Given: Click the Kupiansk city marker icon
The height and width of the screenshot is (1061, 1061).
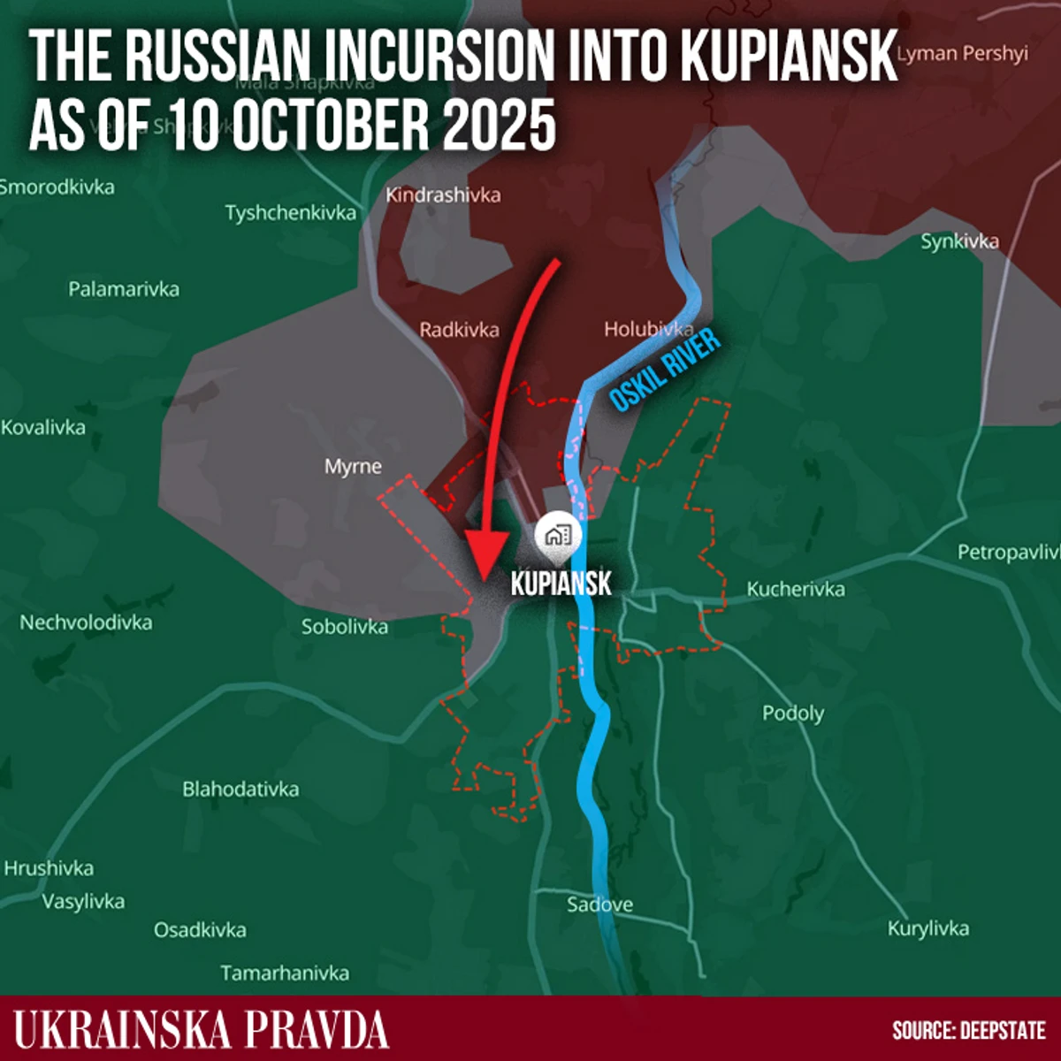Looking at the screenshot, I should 556,535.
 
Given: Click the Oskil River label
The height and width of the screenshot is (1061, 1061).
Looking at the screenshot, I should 665,370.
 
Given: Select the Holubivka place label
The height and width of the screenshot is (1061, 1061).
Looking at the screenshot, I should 648,329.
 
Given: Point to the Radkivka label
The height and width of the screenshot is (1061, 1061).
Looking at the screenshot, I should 459,330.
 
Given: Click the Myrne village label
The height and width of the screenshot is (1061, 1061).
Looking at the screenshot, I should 353,466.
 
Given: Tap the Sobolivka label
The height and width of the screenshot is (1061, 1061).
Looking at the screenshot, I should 345,627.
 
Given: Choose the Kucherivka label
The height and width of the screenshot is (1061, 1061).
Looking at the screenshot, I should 796,589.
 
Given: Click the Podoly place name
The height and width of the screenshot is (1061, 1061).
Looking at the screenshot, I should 793,713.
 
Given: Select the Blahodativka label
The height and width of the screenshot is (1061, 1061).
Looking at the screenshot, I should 240,789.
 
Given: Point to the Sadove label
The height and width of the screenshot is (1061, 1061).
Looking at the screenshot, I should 599,904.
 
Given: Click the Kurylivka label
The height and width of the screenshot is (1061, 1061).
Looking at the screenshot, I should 928,928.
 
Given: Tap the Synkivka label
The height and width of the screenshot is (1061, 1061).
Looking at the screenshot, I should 959,241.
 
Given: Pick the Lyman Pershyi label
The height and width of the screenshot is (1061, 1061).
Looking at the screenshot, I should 963,53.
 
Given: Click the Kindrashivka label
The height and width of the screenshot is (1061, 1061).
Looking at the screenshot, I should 443,195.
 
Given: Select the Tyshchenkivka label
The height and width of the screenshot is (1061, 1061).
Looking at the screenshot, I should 291,213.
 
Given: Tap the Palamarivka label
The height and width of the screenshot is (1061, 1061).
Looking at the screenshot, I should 124,289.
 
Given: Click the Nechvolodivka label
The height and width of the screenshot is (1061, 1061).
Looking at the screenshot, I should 86,622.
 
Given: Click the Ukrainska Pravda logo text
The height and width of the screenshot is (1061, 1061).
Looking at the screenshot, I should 202,1030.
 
